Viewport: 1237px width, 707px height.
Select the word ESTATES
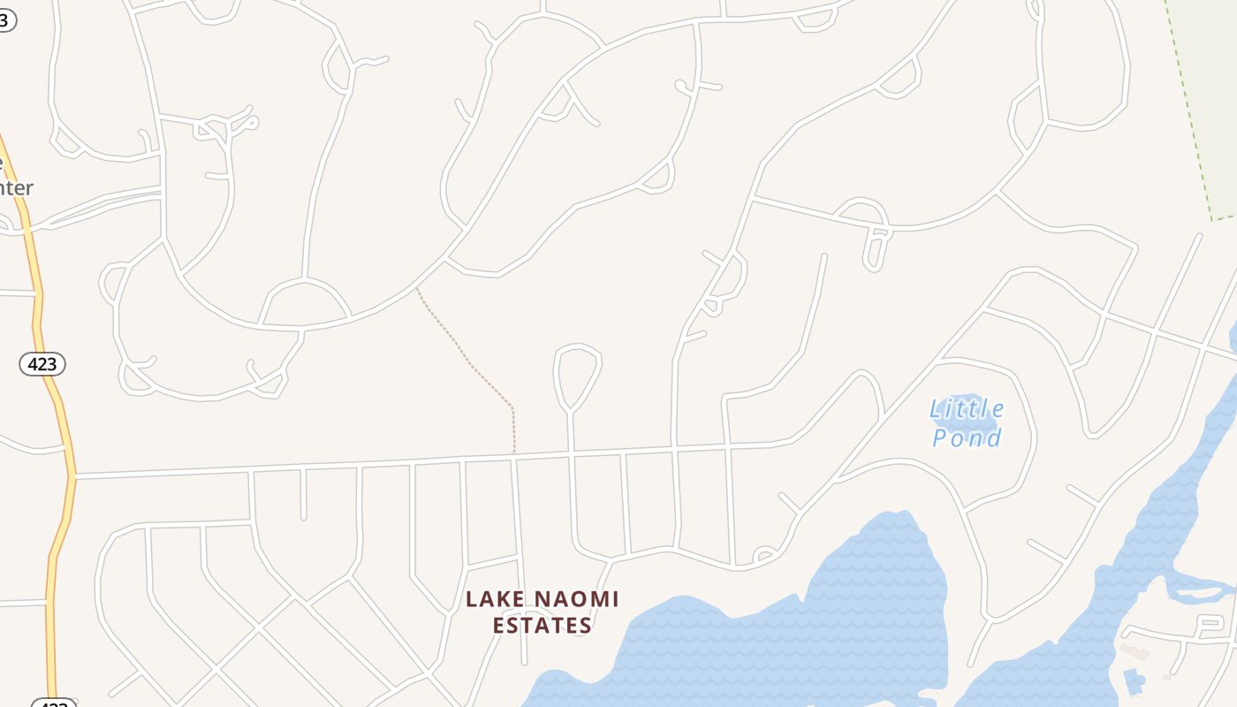[x=541, y=626]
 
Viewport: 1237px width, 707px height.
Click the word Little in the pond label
[x=967, y=409]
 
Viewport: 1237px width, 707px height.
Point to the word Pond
[x=967, y=437]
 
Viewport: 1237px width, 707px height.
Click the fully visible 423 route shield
[x=42, y=363]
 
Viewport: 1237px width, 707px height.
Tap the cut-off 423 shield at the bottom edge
[x=54, y=703]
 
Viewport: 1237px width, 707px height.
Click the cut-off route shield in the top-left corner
[x=5, y=19]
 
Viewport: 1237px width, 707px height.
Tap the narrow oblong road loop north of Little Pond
[x=876, y=248]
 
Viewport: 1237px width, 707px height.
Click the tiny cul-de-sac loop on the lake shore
[x=765, y=556]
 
